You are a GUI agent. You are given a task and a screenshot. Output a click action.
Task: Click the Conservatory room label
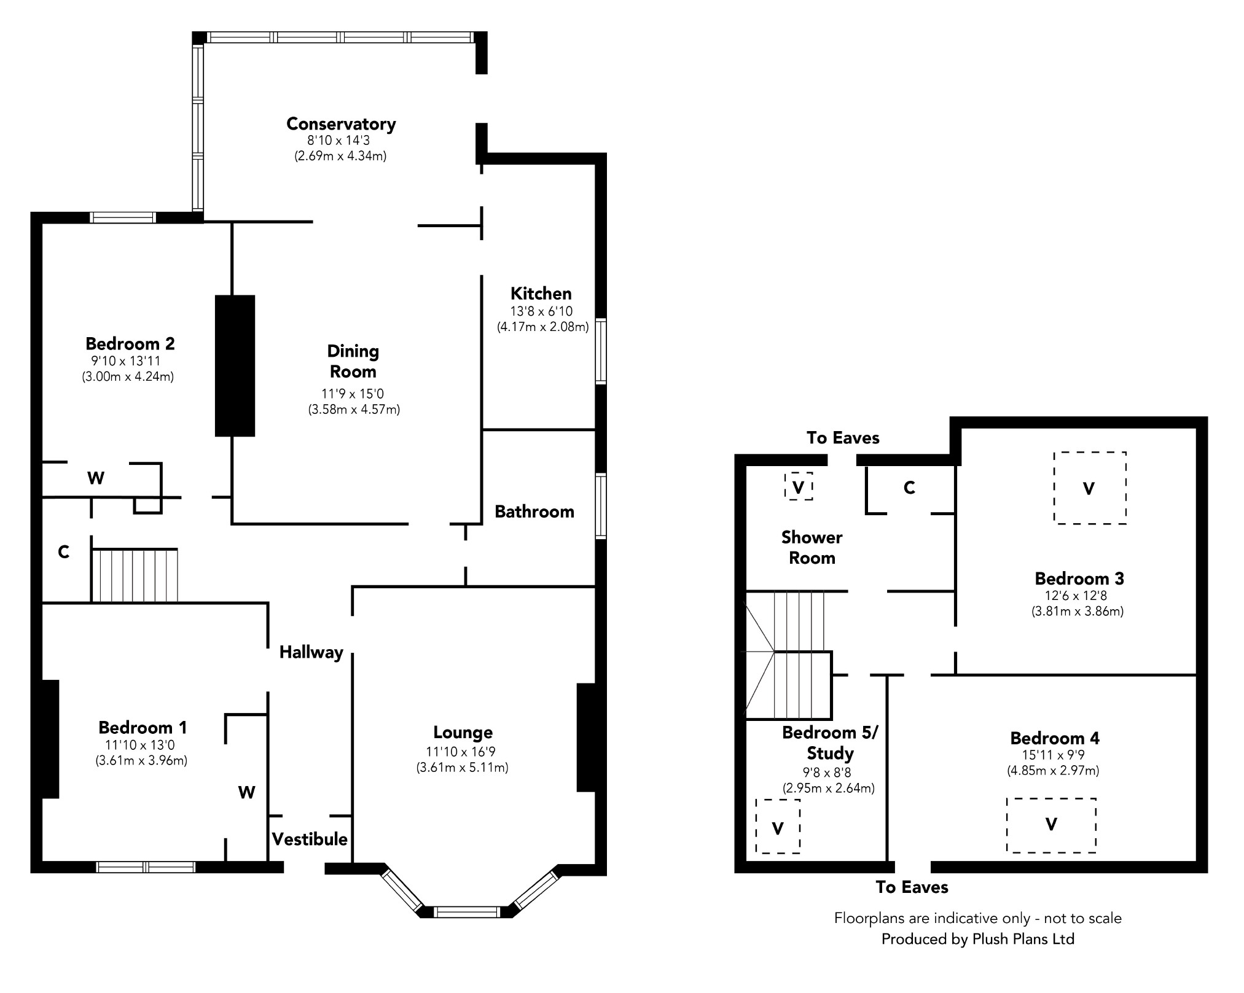[x=341, y=124]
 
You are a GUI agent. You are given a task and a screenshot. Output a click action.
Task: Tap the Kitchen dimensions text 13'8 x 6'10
[x=541, y=311]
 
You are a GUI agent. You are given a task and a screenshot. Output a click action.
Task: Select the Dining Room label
[x=353, y=361]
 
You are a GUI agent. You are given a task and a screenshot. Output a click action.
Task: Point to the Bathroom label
[x=534, y=512]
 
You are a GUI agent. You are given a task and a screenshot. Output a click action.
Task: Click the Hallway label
[x=311, y=652]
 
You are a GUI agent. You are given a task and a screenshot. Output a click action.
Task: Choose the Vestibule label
[x=310, y=839]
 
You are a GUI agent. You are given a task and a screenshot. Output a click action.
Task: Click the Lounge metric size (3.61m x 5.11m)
[x=462, y=768]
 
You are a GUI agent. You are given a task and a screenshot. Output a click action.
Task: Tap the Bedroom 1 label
[x=143, y=728]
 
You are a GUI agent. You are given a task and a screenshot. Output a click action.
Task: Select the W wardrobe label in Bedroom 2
[x=96, y=478]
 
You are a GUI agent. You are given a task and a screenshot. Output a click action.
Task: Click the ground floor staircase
[x=135, y=575]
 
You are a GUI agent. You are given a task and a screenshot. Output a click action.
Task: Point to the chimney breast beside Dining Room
[x=235, y=366]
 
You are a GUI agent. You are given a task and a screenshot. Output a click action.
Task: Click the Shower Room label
[x=812, y=548]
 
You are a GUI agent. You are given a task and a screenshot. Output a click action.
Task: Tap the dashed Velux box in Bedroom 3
[x=1090, y=488]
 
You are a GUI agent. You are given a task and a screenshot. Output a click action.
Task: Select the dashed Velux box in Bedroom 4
[x=1051, y=825]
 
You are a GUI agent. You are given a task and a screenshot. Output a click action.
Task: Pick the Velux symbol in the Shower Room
[x=799, y=486]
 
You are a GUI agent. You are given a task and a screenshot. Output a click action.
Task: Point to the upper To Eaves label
[x=843, y=438]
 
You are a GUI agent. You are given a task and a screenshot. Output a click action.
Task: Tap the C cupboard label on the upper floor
[x=909, y=488]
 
